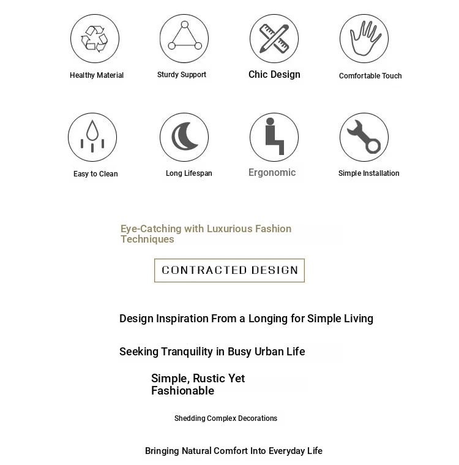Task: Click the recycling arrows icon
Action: point(94,39)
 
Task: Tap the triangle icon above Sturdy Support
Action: point(184,38)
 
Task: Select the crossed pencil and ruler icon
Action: point(274,39)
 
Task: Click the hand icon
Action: point(364,39)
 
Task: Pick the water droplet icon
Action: point(92,137)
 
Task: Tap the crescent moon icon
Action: point(184,137)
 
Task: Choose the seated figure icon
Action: point(274,137)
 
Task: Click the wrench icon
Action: point(364,137)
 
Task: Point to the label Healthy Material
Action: point(97,75)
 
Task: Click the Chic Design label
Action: point(274,75)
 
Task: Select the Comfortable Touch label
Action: point(370,76)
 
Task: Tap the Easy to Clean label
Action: point(95,174)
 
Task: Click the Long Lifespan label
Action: point(188,173)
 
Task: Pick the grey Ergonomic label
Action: point(272,173)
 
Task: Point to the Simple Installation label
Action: point(368,173)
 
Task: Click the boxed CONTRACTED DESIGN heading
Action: point(229,270)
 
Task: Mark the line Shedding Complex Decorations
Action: point(226,418)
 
